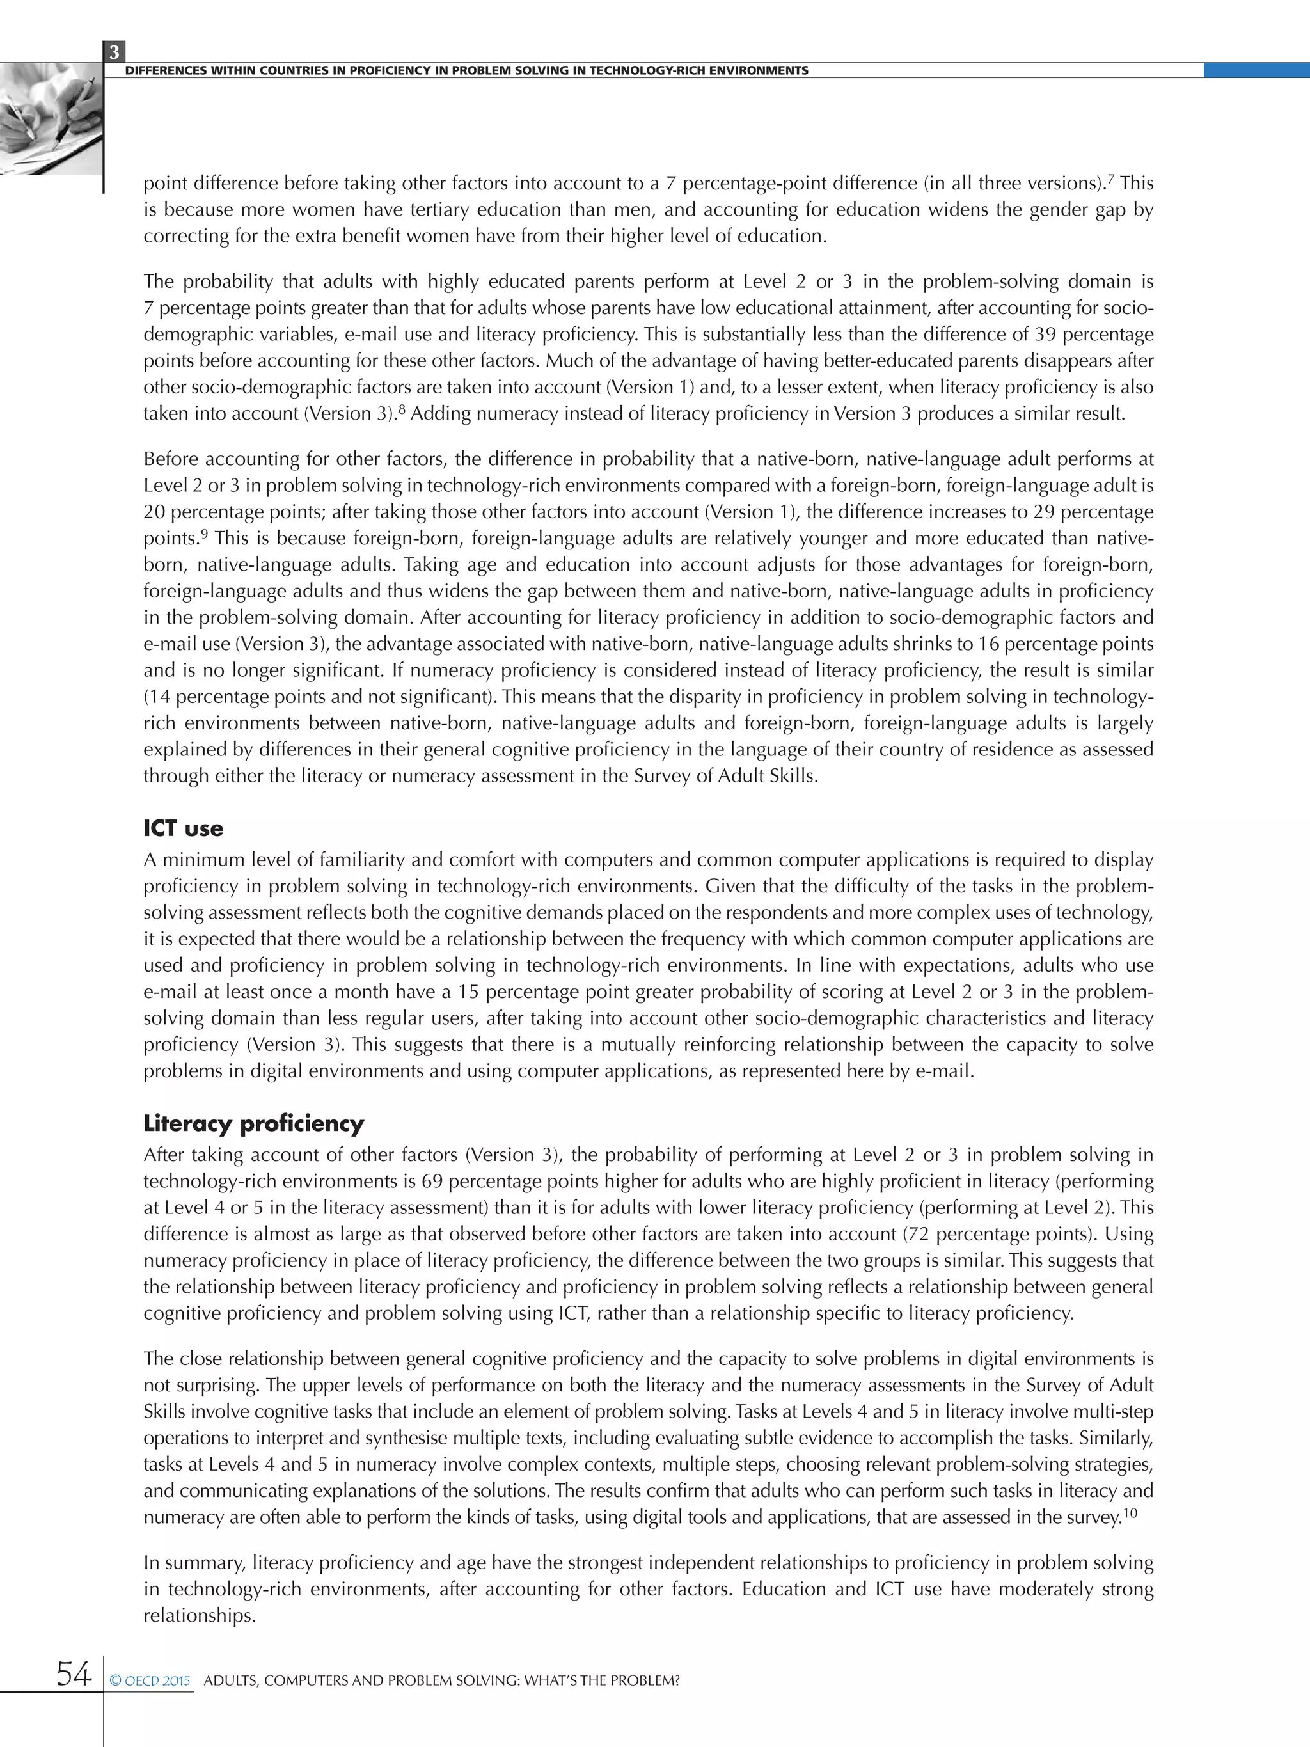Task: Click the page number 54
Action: pos(74,1673)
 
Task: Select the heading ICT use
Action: pos(183,828)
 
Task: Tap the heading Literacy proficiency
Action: pos(253,1123)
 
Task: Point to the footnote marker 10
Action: pos(1130,1514)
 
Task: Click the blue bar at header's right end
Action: pos(1256,70)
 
